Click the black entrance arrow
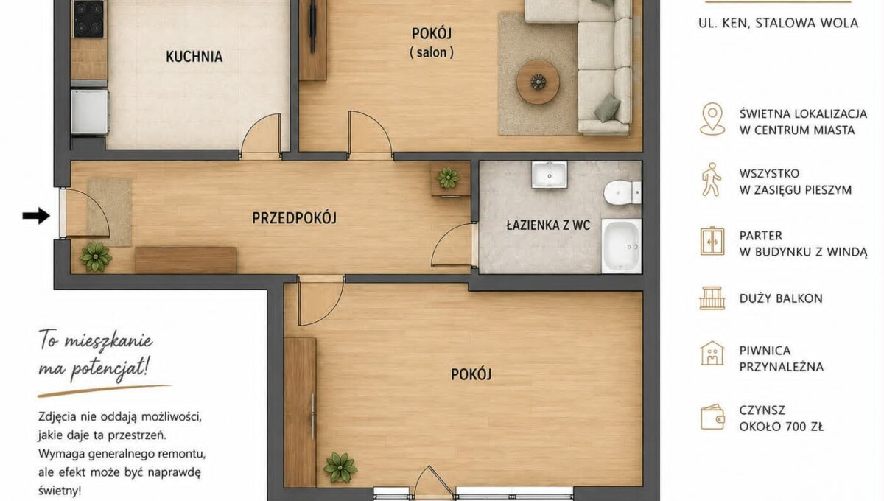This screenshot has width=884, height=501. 36,216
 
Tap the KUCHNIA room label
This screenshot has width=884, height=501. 194,57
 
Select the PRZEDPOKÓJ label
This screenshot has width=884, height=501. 295,218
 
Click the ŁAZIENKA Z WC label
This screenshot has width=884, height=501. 548,225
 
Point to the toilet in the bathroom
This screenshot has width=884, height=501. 622,193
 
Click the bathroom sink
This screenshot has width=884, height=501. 549,175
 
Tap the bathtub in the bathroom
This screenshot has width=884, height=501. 621,245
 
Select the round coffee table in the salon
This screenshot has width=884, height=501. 538,82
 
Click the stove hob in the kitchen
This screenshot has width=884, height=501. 89,18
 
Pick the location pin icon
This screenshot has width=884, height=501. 712,119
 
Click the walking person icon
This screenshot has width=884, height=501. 712,180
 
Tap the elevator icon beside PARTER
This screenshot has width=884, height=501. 712,241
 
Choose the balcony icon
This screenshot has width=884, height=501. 712,298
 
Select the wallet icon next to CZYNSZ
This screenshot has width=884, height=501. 713,417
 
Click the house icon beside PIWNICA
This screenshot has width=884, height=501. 712,353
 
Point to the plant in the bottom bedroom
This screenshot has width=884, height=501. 340,467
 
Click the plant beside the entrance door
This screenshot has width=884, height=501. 96,257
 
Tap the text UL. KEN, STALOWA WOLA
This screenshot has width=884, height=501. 778,23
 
